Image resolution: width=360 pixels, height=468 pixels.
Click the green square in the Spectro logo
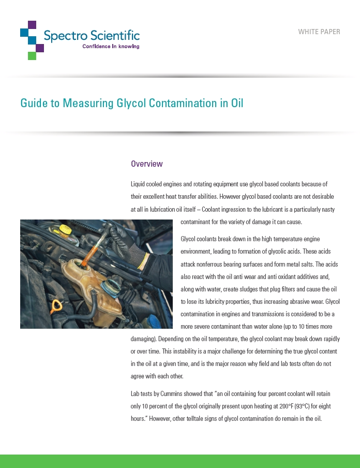pos(32,56)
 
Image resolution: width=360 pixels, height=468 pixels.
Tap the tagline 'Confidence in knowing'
pos(111,47)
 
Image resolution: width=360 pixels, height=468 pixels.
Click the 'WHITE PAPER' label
pos(319,32)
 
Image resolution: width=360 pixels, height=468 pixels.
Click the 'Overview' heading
pos(147,164)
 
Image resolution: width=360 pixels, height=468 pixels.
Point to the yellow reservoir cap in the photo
pos(65,228)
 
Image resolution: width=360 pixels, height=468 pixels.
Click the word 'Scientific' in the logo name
pos(115,36)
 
